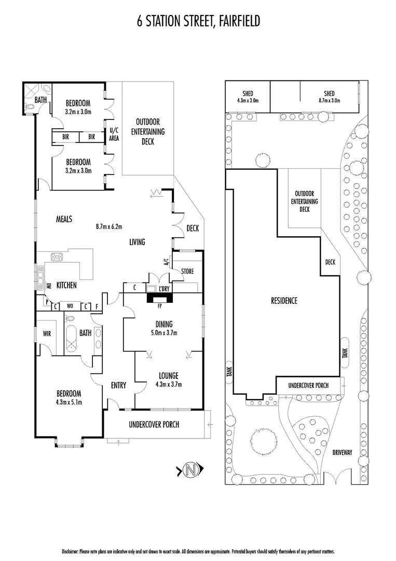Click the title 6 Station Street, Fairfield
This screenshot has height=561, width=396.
(x=198, y=21)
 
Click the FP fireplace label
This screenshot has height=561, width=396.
(x=154, y=306)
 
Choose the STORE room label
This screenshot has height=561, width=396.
(x=187, y=271)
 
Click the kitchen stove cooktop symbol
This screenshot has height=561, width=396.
(x=56, y=256)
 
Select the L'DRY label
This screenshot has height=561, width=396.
(x=166, y=288)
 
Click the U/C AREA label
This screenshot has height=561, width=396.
(x=114, y=135)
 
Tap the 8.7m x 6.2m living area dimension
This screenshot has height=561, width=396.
(x=108, y=226)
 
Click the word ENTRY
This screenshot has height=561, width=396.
(x=118, y=385)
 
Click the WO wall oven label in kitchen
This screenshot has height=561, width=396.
(x=70, y=306)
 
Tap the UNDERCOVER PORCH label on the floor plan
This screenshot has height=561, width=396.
(x=154, y=424)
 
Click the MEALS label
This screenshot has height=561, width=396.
(x=64, y=219)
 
